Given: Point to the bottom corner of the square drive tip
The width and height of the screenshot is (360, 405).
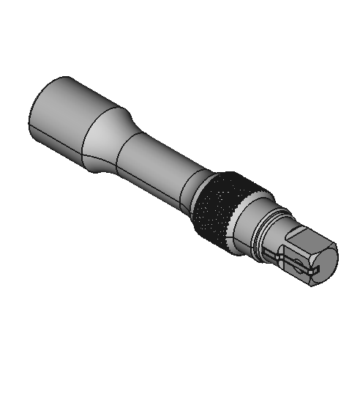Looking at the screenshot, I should (311, 286).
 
